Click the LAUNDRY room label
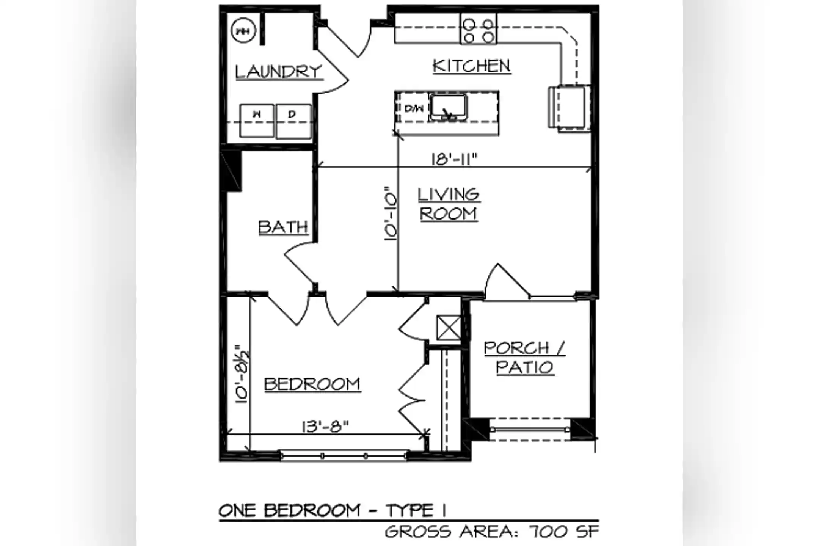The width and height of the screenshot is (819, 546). pos(279,72)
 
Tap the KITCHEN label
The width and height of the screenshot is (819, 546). pos(472,66)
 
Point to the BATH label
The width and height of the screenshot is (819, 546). pos(283,227)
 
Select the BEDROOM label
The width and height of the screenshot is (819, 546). pos(312,384)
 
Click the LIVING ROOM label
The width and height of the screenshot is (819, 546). pos(449,204)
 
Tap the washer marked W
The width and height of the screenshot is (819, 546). pos(257,121)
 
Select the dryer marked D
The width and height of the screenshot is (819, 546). pos(293,121)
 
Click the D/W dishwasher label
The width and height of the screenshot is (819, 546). pos(414,109)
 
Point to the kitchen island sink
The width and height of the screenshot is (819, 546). pos(448,108)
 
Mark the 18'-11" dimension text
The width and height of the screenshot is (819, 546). pos(453,159)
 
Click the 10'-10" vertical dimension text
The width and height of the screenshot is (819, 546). pos(390,213)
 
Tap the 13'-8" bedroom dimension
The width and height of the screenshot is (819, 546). pos(325,427)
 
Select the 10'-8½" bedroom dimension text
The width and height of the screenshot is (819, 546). pos(242,374)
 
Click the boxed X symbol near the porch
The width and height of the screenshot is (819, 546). pos(449,328)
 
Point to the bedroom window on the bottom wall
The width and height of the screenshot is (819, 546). pos(344,455)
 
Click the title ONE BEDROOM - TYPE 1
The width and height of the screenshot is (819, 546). pos(332,511)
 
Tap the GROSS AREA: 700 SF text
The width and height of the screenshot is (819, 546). pos(492,532)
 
